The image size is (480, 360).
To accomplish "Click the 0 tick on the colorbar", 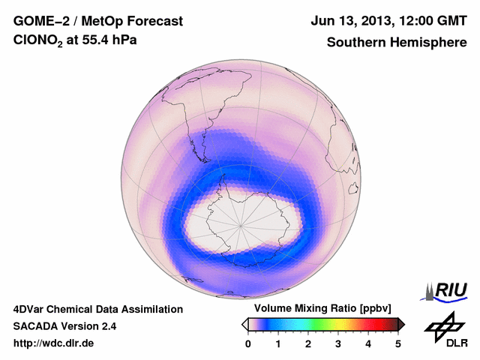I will click(x=248, y=343).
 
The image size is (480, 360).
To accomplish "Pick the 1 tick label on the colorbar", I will click(x=278, y=343).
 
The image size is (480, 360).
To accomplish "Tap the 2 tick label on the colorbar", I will click(x=308, y=343).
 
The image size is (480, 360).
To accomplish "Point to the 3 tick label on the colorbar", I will click(x=338, y=343).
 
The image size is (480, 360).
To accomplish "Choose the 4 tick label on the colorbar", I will click(x=368, y=343).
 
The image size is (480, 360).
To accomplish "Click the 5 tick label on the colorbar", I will click(x=398, y=343).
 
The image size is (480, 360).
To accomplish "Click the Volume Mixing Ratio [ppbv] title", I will click(x=322, y=309).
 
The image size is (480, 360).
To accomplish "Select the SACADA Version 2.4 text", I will click(x=64, y=326).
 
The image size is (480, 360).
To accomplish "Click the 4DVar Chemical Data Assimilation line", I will click(x=97, y=309).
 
